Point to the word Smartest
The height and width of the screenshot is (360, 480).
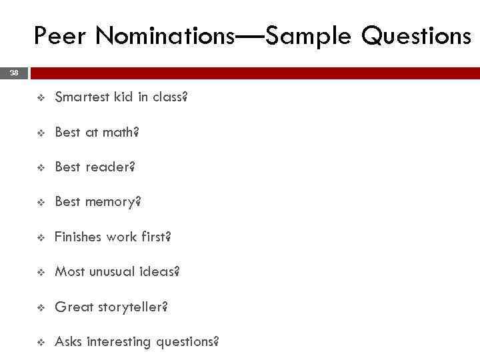pyautogui.click(x=81, y=97)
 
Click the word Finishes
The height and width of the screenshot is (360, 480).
pyautogui.click(x=79, y=237)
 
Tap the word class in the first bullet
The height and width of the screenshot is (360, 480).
pyautogui.click(x=171, y=97)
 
